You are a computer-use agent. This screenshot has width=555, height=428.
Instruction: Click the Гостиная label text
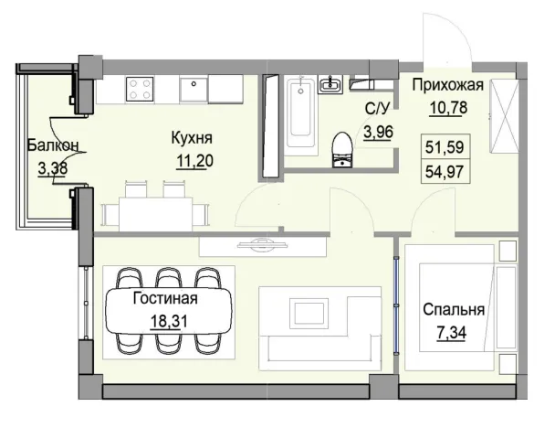pos(165,298)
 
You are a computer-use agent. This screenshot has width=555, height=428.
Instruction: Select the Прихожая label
pos(447,87)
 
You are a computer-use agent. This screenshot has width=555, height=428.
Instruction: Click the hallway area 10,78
pos(445,108)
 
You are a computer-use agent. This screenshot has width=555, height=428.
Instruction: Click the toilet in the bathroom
pos(340,150)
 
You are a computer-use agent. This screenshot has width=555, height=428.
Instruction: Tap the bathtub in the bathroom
pos(298,115)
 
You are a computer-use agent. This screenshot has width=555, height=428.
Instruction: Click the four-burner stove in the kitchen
pos(140,88)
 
